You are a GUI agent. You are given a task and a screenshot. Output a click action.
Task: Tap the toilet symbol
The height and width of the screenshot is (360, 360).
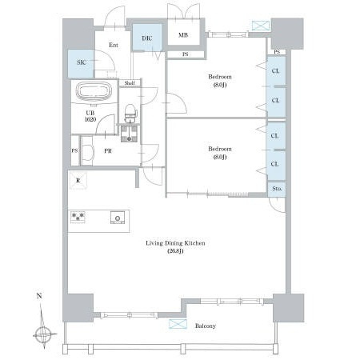tap(130, 114)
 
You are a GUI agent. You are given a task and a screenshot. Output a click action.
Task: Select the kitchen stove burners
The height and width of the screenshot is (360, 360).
tap(78, 217)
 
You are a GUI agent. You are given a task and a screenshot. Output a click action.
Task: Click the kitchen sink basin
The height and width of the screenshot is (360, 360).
tap(118, 218)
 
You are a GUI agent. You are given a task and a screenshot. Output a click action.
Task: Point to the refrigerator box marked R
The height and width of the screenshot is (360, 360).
tap(78, 181)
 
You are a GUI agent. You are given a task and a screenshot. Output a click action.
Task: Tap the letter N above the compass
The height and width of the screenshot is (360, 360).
tap(39, 295)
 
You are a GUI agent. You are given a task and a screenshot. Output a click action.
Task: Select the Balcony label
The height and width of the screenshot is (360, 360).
tap(205, 326)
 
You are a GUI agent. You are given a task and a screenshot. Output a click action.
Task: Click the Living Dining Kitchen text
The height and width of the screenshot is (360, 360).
tap(175, 243)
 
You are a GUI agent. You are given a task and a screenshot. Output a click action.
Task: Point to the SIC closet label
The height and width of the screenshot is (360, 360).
tap(82, 62)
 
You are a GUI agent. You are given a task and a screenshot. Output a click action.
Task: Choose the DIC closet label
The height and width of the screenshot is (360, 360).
tap(146, 38)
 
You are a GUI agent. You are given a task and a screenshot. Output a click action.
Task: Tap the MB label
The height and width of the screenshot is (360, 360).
tap(183, 34)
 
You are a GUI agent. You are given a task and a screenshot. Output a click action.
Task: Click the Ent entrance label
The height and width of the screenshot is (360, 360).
tap(114, 45)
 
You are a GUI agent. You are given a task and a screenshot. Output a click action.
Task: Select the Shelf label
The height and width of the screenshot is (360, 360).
tap(130, 83)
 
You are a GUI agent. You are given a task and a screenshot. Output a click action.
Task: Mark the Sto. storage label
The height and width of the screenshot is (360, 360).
tap(277, 189)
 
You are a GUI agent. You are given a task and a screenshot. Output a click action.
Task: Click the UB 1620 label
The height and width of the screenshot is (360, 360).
tap(90, 116)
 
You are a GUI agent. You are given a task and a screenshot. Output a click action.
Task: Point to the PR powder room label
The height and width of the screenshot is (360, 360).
tap(108, 151)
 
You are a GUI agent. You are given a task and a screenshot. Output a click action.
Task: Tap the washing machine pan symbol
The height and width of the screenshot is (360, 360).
tap(129, 134)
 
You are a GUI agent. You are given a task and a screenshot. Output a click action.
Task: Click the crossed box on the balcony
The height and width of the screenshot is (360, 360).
tap(178, 324)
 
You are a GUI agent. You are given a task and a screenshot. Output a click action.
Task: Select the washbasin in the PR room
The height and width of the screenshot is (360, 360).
tap(87, 151)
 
